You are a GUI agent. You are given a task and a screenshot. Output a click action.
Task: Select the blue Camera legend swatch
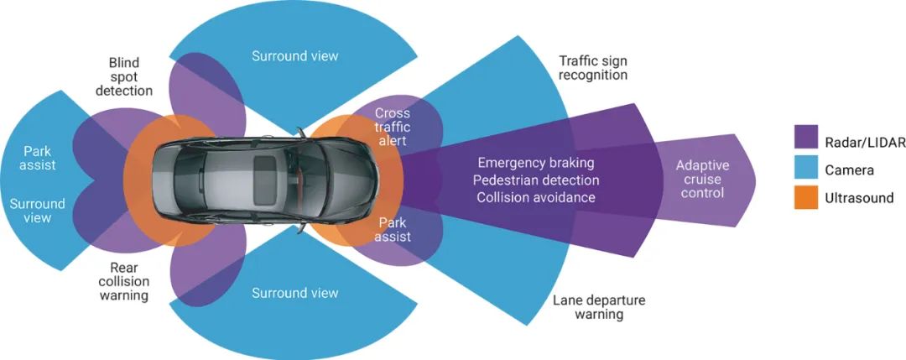point(806,168)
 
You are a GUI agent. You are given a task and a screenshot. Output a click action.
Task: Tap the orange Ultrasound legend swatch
point(806,198)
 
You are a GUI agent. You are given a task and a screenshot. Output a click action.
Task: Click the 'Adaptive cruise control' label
point(703,180)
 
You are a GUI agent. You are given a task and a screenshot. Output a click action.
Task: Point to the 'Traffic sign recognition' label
point(593,68)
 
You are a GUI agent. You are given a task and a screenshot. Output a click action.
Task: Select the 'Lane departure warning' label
point(599,307)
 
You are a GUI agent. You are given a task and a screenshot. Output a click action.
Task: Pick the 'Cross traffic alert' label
point(391,127)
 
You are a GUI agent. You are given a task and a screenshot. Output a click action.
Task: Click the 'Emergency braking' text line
point(536,162)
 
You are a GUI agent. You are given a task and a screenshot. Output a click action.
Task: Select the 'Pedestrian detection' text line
point(536,180)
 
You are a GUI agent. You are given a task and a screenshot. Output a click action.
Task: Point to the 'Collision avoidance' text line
point(536,197)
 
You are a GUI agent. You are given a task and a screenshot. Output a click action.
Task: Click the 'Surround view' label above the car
point(295,56)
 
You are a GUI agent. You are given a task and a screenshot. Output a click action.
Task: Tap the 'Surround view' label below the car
point(295,293)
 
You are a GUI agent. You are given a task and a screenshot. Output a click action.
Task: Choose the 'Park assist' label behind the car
point(38,158)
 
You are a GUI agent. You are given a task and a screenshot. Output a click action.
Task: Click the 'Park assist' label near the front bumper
point(393,230)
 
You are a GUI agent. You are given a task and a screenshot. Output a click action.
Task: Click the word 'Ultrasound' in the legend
point(861,198)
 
